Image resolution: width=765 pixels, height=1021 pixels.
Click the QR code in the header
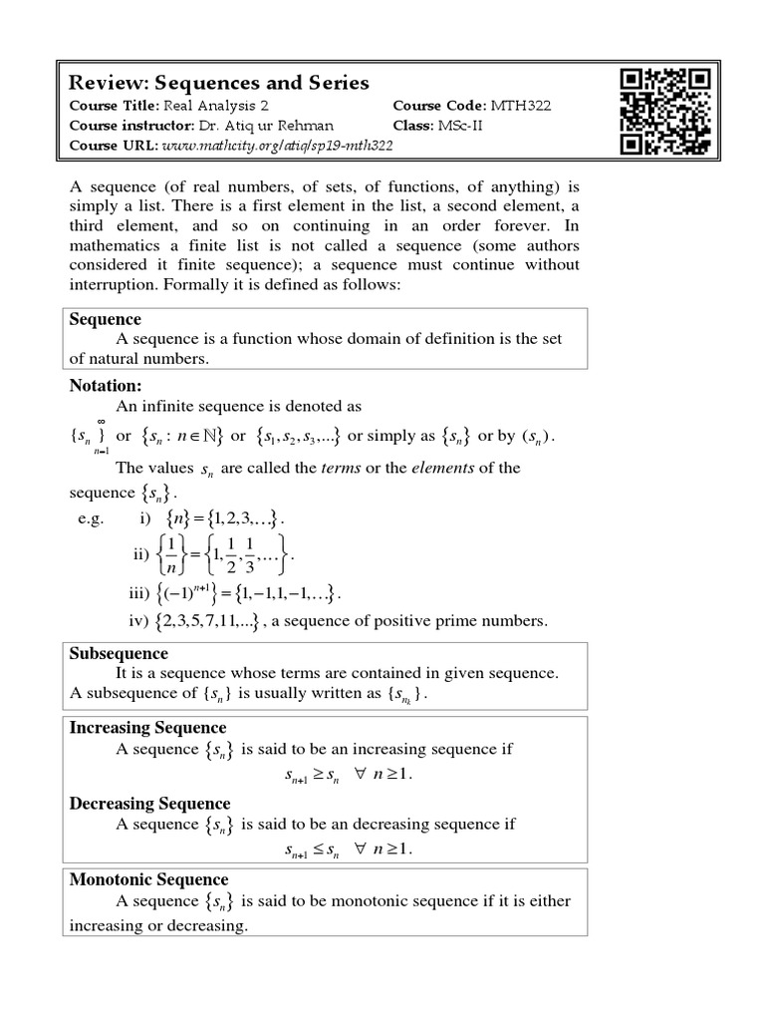coord(664,112)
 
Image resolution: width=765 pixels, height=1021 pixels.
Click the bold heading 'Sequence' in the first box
coord(105,319)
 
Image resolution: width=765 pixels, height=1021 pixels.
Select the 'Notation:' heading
coord(107,385)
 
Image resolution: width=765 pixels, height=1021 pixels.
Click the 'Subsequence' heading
coord(119,654)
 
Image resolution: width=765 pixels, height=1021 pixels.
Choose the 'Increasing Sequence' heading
coord(147,728)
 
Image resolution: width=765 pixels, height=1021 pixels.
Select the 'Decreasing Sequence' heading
coord(149,804)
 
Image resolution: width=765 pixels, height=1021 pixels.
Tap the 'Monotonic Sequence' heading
coord(148,879)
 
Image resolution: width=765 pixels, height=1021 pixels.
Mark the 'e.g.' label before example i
coord(91,518)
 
